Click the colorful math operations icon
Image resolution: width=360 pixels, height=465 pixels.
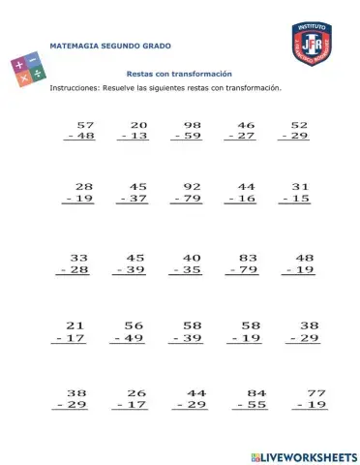click(x=27, y=73)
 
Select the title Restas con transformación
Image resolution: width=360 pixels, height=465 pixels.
click(x=179, y=74)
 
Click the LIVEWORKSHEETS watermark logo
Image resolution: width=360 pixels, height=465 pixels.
click(x=303, y=455)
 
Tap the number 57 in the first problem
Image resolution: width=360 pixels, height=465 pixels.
click(x=85, y=125)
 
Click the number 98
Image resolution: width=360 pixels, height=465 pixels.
click(x=193, y=125)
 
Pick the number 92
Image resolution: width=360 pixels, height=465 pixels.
click(x=193, y=186)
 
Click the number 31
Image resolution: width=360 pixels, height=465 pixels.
click(x=300, y=186)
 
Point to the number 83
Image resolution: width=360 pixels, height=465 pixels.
click(x=247, y=258)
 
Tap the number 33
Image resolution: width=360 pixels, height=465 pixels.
click(x=79, y=258)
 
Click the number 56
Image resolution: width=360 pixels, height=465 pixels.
click(x=135, y=325)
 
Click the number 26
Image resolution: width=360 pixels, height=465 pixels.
click(x=136, y=392)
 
